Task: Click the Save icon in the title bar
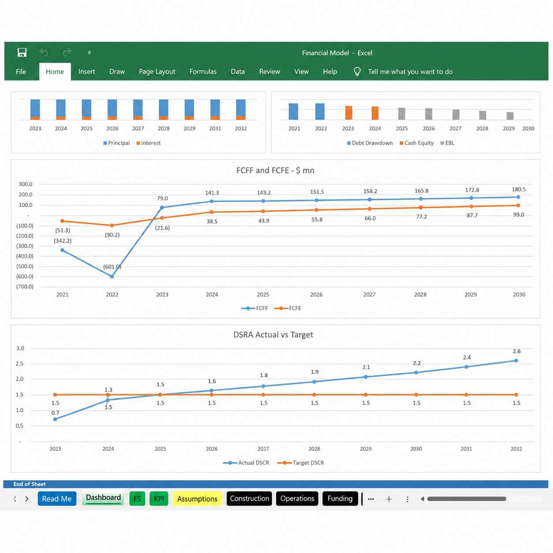click(x=22, y=52)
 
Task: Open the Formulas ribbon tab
click(x=203, y=71)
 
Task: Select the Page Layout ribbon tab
click(x=157, y=72)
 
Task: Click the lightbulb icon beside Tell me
click(x=357, y=71)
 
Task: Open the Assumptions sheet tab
click(x=197, y=499)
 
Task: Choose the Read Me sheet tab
click(x=57, y=499)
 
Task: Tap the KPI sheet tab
click(x=159, y=499)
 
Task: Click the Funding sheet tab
click(x=340, y=498)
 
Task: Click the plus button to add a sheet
click(x=389, y=499)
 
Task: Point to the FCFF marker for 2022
click(x=112, y=276)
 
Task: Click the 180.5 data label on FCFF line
click(x=519, y=189)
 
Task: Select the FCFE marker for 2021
click(x=62, y=221)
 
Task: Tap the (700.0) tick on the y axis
click(x=25, y=287)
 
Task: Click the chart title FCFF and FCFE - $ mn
click(x=275, y=171)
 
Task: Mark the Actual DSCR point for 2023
click(x=55, y=419)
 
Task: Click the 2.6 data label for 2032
click(x=516, y=351)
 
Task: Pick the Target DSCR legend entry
click(x=301, y=463)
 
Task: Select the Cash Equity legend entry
click(x=416, y=143)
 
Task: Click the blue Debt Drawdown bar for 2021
click(x=293, y=111)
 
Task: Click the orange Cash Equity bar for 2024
click(x=375, y=113)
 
